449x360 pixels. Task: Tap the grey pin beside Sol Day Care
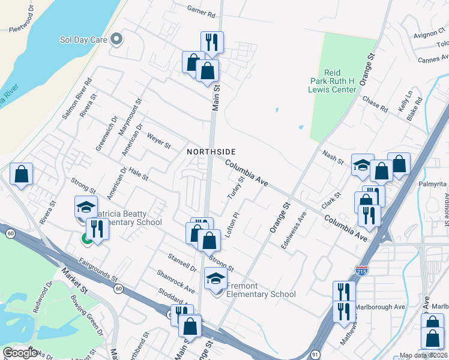point(117,40)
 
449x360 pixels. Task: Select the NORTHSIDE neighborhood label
point(211,152)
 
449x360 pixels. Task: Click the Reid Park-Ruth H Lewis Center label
point(332,81)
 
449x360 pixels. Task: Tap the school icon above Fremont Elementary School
point(215,279)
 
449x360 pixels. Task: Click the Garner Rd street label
point(200,11)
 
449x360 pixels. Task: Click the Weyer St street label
point(158,142)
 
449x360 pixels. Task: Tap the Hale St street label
point(137,174)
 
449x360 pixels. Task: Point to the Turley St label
point(235,188)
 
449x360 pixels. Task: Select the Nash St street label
point(332,158)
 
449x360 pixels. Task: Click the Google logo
point(19,353)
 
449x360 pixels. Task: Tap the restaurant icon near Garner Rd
point(211,43)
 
